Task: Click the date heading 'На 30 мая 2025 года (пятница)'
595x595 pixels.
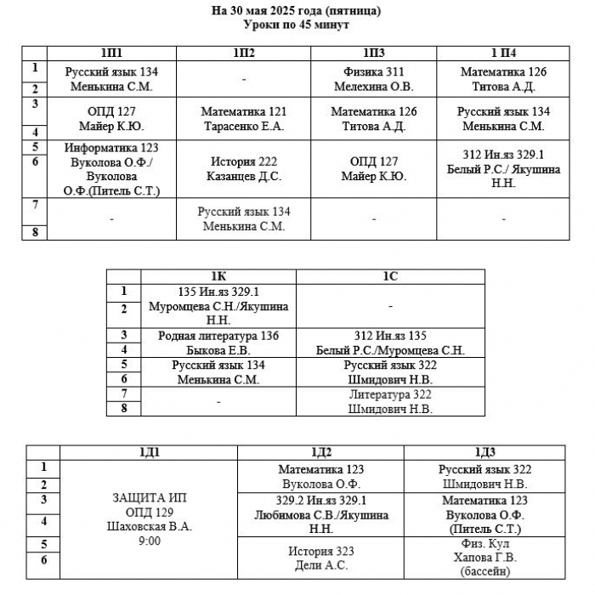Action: (x=296, y=10)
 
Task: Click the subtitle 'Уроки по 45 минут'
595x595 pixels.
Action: (x=296, y=25)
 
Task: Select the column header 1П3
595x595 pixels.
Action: (x=374, y=53)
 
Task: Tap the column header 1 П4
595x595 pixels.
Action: (x=503, y=53)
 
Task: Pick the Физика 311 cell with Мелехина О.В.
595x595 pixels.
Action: (x=374, y=79)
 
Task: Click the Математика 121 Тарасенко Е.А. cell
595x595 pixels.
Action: (x=244, y=119)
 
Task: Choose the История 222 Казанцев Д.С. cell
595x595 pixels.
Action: (x=244, y=169)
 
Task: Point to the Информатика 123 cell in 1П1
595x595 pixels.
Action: (x=111, y=169)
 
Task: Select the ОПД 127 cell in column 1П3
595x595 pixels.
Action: (x=374, y=169)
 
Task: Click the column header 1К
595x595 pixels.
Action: (x=218, y=276)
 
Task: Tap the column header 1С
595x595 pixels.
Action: (x=390, y=276)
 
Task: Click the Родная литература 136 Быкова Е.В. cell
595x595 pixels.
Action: (x=218, y=343)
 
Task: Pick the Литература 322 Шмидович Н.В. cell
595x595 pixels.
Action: (x=390, y=402)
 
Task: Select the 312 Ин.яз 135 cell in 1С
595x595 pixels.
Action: (x=390, y=343)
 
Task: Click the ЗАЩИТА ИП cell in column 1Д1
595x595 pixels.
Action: (x=149, y=519)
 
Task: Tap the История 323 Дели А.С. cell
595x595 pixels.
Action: (x=321, y=558)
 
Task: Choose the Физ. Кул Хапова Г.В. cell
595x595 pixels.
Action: (x=485, y=558)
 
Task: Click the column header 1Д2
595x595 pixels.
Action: (x=321, y=453)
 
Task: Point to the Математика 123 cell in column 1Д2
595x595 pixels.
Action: (x=321, y=477)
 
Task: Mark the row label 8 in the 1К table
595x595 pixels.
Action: (x=124, y=409)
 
